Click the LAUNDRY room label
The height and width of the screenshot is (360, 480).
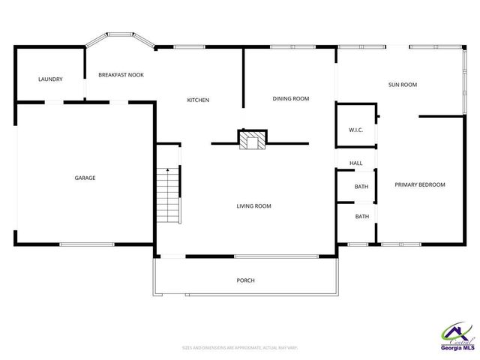(50, 79)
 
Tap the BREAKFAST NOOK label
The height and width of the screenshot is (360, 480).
(121, 75)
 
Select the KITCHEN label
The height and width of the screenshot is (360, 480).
(198, 100)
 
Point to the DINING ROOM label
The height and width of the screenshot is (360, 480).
(290, 98)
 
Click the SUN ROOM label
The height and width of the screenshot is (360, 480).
(402, 85)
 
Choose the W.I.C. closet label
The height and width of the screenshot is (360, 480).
(355, 130)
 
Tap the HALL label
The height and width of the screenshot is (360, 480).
(355, 163)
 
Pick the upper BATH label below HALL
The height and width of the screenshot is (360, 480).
(361, 187)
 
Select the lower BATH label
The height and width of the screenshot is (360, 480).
(361, 217)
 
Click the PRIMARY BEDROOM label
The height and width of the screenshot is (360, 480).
(420, 184)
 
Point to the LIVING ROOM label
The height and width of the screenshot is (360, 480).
(253, 205)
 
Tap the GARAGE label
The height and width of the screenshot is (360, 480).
(85, 178)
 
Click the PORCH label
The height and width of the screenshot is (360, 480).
(245, 280)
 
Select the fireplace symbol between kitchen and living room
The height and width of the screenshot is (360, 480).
(252, 139)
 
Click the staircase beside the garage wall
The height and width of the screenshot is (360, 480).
(167, 196)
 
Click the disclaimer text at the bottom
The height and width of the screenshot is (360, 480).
(240, 347)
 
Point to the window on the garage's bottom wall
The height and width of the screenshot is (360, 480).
(86, 244)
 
